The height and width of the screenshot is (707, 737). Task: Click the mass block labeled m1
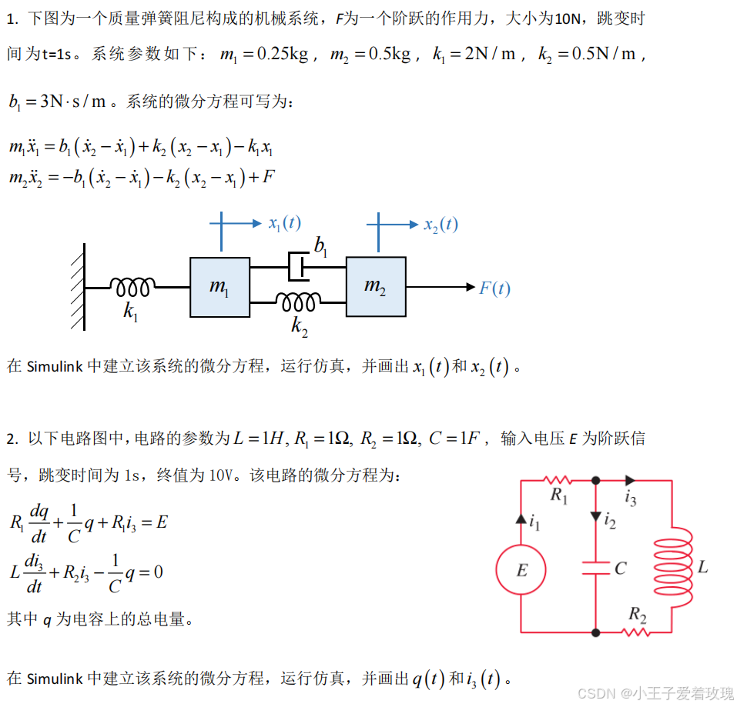[x=219, y=287]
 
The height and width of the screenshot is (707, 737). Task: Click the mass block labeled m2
[x=376, y=287]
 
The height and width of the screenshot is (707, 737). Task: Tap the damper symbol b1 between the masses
[x=297, y=266]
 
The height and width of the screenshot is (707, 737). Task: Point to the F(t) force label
[x=494, y=288]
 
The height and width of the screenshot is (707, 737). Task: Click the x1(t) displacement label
[x=284, y=223]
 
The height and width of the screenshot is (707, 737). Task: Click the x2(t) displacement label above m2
[x=441, y=224]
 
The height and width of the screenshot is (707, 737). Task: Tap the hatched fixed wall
[x=78, y=287]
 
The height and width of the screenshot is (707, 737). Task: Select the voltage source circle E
[x=521, y=570]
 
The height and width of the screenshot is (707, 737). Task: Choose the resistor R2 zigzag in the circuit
[x=636, y=632]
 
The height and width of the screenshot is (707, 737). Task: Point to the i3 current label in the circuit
[x=631, y=499]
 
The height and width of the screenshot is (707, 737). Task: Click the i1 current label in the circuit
[x=535, y=523]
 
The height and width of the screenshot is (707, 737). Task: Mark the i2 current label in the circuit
[x=610, y=523]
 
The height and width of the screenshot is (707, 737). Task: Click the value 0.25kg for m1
[x=283, y=55]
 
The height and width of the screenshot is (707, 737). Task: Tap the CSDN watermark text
[x=595, y=693]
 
